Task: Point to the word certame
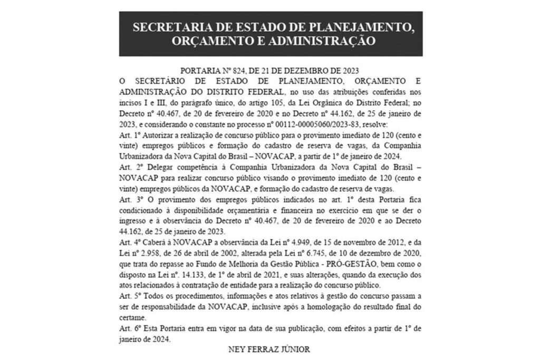pyautogui.click(x=131, y=318)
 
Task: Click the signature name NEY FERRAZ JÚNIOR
pyautogui.click(x=270, y=349)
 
